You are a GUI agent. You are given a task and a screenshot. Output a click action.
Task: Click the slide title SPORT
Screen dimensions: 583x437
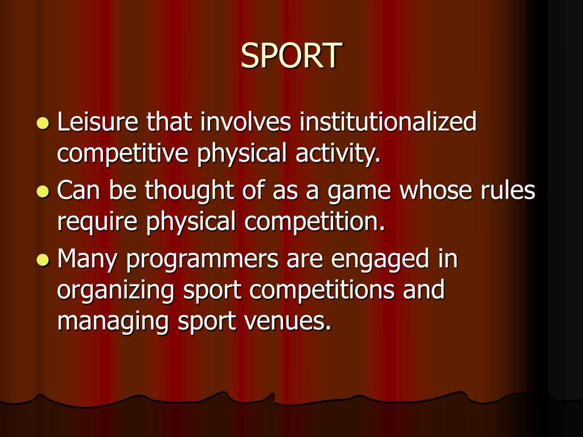click(291, 55)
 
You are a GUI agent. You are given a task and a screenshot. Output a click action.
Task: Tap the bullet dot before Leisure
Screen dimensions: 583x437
click(43, 123)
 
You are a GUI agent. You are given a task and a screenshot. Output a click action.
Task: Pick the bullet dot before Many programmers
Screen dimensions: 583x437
click(43, 259)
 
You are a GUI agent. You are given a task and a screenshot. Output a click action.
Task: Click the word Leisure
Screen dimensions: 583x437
click(98, 122)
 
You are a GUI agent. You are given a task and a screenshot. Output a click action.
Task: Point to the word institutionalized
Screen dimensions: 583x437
click(388, 122)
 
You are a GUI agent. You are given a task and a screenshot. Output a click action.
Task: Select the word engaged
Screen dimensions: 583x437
click(380, 259)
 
